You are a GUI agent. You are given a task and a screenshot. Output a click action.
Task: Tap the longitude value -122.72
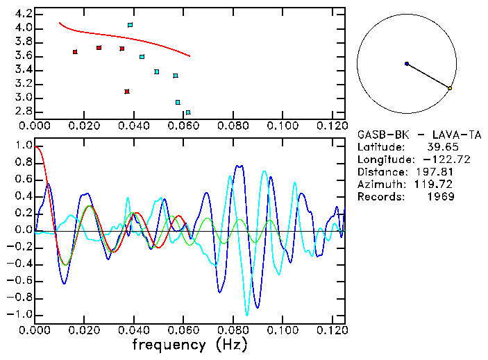point(435,160)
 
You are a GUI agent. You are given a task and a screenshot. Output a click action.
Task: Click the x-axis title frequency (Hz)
point(190,344)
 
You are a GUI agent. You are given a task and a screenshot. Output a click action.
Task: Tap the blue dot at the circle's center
point(407,64)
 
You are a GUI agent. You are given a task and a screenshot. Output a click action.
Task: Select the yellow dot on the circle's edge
point(450,88)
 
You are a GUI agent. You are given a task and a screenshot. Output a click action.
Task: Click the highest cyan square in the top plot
point(130,25)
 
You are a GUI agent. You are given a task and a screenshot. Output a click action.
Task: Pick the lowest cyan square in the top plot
point(188,112)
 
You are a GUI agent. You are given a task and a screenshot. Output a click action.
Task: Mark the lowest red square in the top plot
point(127,92)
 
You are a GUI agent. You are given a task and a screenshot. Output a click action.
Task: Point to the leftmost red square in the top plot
point(75,52)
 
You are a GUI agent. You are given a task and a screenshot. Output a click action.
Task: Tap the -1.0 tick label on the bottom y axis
point(21,314)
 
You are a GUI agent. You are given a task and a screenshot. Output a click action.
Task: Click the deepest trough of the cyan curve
point(246,316)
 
